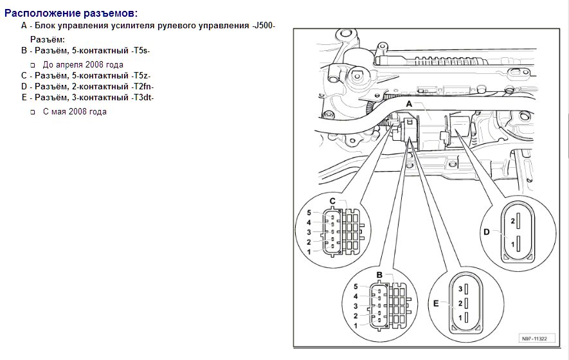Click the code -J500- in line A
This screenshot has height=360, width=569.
point(264,26)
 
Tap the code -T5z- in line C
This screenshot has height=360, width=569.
point(141,75)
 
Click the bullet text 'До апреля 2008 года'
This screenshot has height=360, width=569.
point(83,64)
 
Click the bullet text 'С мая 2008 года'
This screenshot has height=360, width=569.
point(75,111)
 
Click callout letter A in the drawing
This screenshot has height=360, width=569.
point(409,104)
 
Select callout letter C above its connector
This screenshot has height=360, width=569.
point(333,201)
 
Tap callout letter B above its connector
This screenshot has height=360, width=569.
point(379,275)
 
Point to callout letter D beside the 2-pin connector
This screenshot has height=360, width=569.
point(486,233)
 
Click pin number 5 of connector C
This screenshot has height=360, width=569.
point(309,213)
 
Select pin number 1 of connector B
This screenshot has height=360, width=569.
point(356,327)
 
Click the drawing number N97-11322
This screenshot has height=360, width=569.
point(534,339)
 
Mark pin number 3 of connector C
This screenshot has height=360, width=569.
point(309,232)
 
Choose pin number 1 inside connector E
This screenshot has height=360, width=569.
point(460,318)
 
